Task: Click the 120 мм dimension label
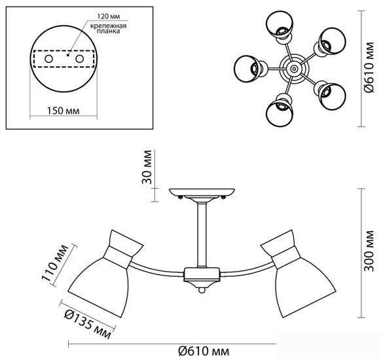pos(109,16)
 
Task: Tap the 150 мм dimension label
pos(63,111)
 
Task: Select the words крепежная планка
pos(109,28)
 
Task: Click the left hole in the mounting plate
pos(49,59)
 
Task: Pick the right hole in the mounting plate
pos(80,59)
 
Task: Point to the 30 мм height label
pos(147,167)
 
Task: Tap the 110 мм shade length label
pos(55,263)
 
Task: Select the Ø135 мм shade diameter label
pos(88,325)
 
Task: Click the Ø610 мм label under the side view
pos(204,351)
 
